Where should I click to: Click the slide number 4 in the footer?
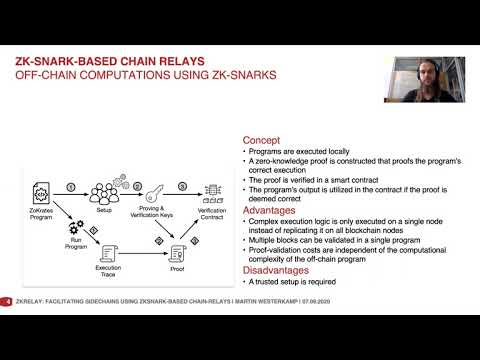[8, 301]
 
